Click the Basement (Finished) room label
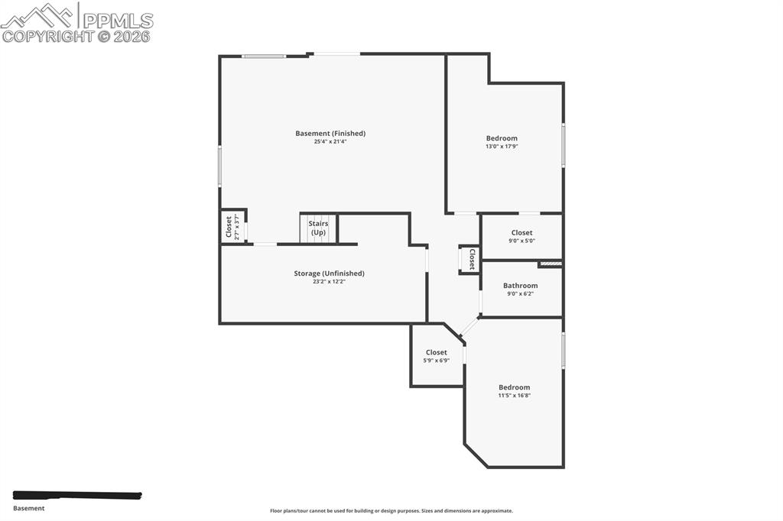330,134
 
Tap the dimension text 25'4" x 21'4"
330,141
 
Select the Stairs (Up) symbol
318,228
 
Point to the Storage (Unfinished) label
329,273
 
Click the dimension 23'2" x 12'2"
329,282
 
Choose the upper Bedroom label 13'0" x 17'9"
502,142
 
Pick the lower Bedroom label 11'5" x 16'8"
514,391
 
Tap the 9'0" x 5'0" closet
521,236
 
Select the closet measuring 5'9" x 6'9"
436,356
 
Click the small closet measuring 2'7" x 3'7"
232,227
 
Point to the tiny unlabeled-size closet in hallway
469,260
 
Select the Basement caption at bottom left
29,508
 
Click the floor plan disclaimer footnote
391,511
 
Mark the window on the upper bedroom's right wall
564,145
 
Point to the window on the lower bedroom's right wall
564,351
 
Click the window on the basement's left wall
219,166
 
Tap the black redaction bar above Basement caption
77,496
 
